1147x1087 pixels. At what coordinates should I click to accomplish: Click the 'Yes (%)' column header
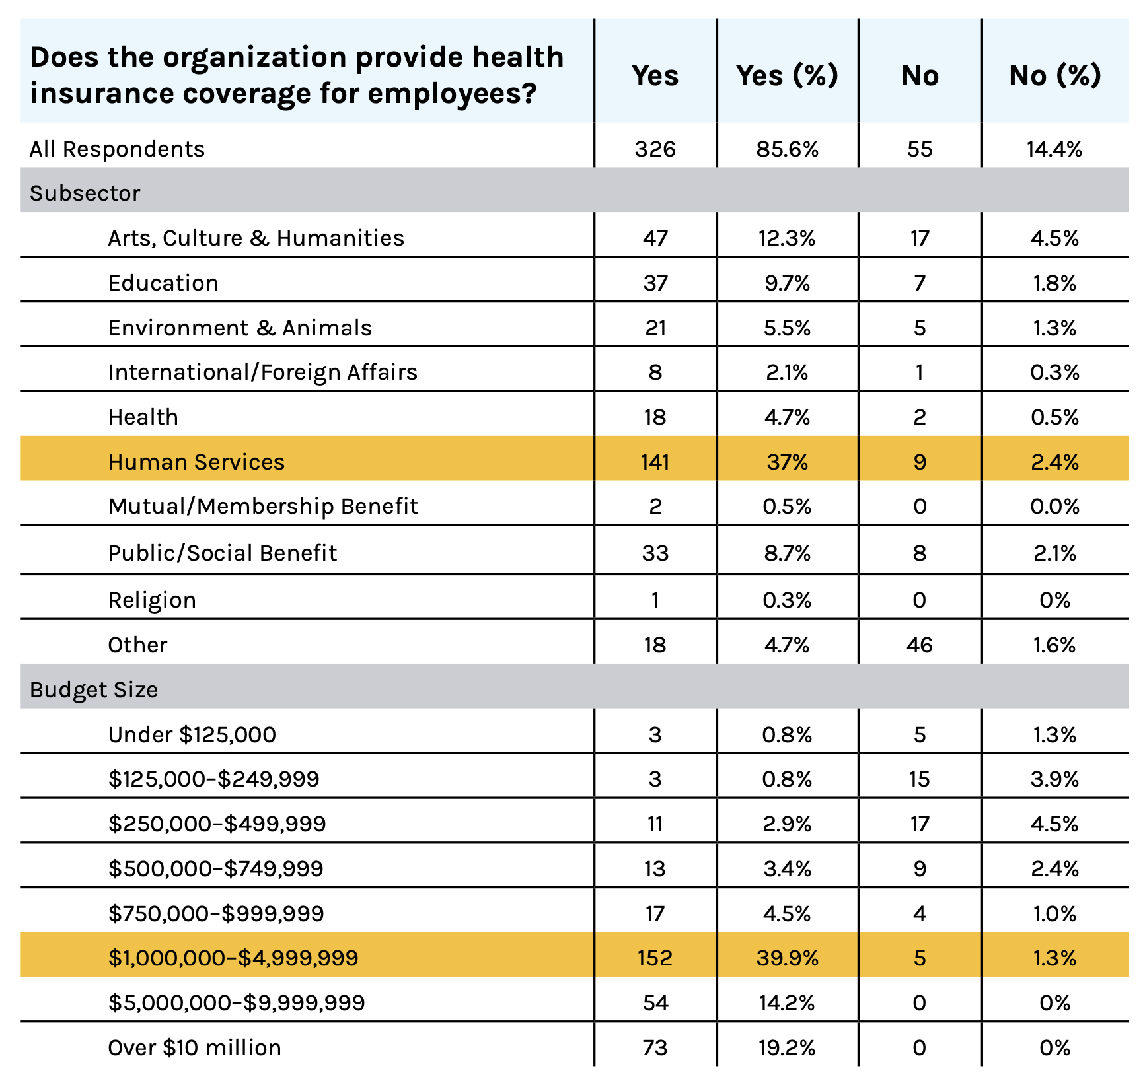pos(787,76)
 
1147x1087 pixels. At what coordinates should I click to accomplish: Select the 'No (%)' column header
pos(1055,76)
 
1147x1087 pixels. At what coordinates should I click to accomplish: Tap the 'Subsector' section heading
pos(85,193)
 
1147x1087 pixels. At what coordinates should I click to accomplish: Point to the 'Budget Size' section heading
pos(94,690)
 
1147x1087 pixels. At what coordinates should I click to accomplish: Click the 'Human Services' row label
pos(196,462)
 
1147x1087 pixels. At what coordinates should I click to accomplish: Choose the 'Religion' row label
pos(152,600)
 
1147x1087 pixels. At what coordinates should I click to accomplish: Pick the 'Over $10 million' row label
pos(194,1047)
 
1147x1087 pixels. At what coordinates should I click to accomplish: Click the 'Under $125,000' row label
pos(192,734)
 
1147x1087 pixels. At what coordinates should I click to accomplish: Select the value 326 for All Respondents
pos(655,149)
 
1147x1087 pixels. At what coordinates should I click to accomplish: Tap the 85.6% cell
pos(788,149)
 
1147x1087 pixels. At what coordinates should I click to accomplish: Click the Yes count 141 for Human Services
pos(655,462)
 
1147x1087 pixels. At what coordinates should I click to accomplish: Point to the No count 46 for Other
pos(920,645)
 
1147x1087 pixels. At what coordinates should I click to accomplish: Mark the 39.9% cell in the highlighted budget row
pos(788,958)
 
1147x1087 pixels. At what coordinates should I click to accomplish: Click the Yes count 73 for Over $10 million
pos(655,1047)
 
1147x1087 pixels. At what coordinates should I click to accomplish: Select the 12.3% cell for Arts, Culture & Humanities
pos(788,238)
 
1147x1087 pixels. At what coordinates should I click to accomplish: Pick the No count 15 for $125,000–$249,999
pos(920,779)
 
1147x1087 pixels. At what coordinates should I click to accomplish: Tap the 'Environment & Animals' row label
pos(240,328)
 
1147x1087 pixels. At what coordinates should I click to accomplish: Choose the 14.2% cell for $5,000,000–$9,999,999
pos(788,1002)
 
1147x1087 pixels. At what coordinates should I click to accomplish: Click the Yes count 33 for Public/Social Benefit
pos(655,553)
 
